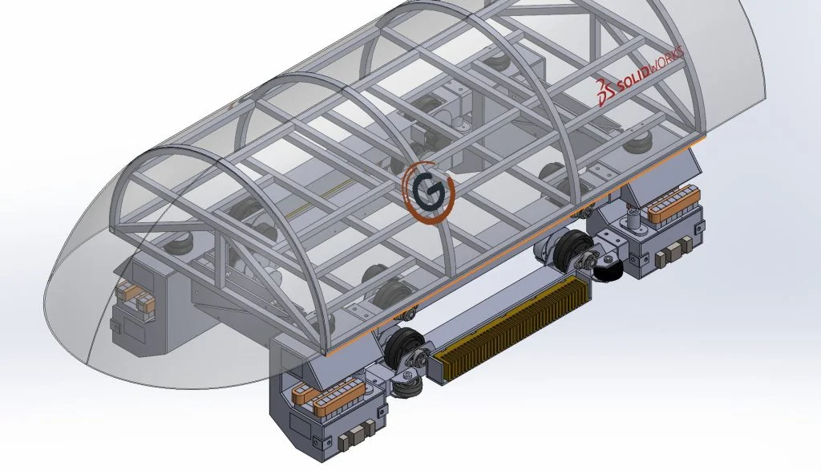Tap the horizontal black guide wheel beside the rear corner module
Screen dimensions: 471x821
click(607, 269)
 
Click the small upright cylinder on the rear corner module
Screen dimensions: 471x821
click(633, 216)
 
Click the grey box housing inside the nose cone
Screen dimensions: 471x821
click(152, 309)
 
